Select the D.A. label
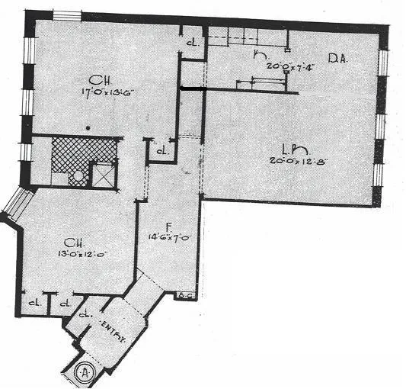click(338, 59)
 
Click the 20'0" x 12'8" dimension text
click(290, 161)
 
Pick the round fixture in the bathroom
click(77, 177)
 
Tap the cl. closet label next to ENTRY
click(86, 313)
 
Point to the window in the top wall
click(68, 15)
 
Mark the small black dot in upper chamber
click(89, 129)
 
